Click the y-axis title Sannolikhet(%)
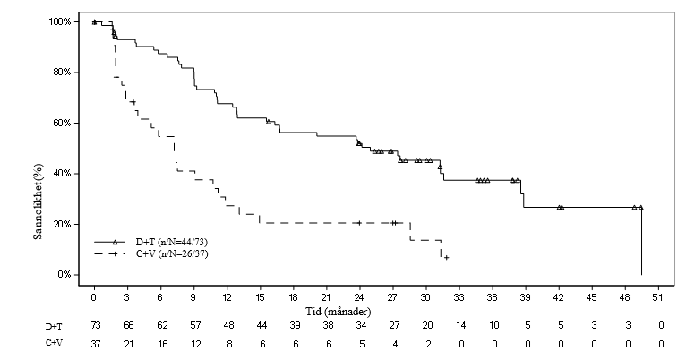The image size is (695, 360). point(39,201)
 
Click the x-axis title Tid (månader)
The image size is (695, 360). point(338,312)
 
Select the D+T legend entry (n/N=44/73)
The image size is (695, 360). point(150,242)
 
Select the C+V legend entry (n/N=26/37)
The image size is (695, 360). point(150,254)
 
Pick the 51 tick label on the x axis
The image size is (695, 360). point(658,297)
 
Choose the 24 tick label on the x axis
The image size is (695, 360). point(359,297)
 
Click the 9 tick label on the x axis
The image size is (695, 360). point(193,297)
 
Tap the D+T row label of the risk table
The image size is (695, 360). point(54,327)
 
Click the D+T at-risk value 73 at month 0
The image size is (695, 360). point(96,326)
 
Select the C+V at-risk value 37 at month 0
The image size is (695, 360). point(96,344)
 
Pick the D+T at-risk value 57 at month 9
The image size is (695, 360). point(195,326)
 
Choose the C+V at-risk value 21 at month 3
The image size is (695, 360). point(129,344)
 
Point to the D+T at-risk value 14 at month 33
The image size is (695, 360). point(461,326)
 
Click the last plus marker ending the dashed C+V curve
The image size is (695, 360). point(446,258)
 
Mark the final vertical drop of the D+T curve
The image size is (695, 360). point(641,241)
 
